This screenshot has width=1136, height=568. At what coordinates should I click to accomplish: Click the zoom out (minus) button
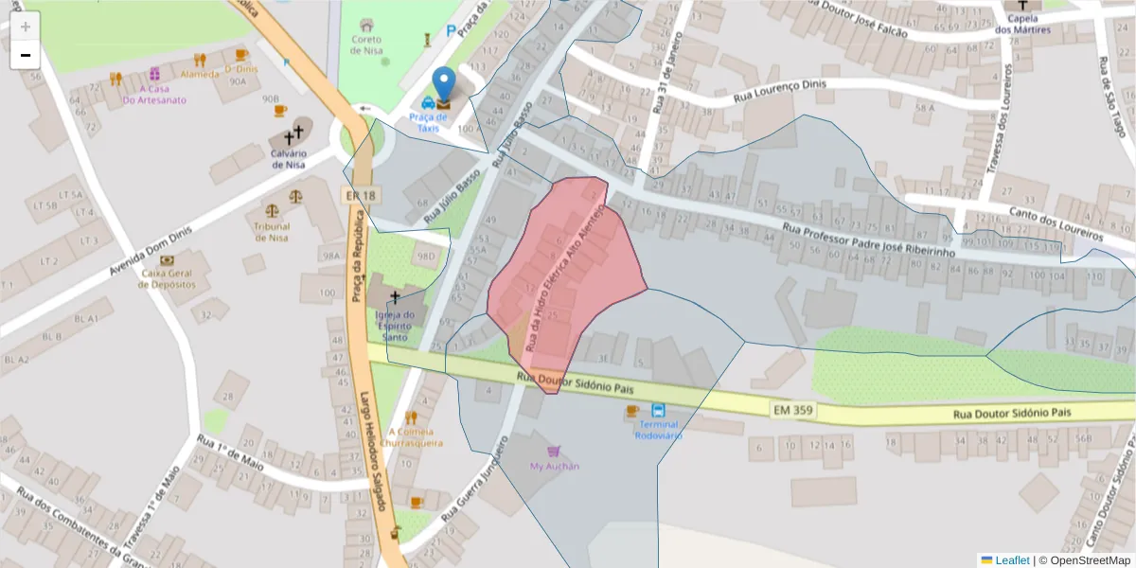tap(26, 55)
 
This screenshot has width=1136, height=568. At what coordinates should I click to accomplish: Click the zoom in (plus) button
tap(26, 27)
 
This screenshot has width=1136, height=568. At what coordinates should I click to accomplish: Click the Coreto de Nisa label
tap(366, 44)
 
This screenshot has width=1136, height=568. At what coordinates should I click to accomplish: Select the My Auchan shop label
tap(554, 466)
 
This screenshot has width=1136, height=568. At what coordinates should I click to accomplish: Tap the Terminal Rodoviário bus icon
tap(658, 410)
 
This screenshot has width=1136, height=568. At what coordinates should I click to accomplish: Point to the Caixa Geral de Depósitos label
tap(168, 278)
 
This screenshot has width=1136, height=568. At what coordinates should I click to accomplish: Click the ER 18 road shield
tap(360, 195)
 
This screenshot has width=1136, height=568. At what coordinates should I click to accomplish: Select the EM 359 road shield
tap(792, 409)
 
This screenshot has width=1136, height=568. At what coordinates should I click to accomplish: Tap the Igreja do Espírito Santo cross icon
tap(395, 297)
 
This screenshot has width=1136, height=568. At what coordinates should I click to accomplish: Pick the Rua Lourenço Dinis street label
tap(779, 89)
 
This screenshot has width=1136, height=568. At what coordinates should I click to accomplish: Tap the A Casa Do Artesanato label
tap(154, 95)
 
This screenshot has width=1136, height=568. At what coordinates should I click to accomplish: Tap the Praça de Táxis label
tap(429, 121)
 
